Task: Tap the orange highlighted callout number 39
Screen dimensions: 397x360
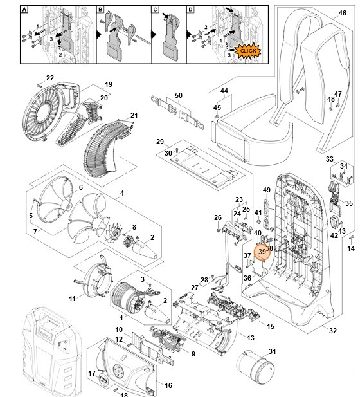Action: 262,252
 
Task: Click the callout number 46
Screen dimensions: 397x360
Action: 342,12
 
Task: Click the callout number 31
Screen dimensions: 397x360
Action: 272,351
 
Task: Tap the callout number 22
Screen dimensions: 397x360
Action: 50,78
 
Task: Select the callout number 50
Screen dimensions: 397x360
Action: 178,95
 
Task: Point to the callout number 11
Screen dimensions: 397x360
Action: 72,299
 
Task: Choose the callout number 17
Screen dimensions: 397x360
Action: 92,373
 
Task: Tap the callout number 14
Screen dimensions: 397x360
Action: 351,248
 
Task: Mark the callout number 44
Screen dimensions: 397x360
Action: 224,91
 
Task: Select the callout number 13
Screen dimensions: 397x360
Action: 250,338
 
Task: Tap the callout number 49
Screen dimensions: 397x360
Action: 267,190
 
